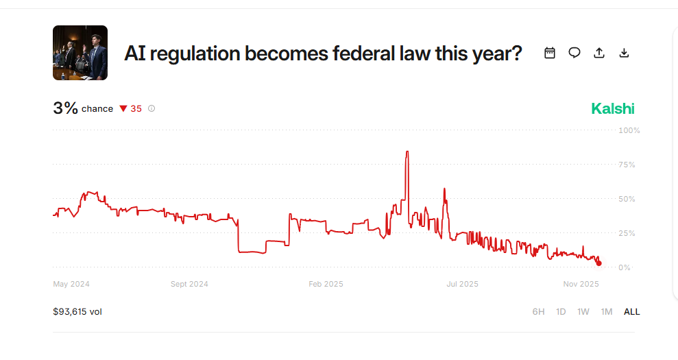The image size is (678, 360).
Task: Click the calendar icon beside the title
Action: pos(550,53)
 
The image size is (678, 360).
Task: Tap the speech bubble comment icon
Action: pos(574,53)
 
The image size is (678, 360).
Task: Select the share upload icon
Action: pos(599,53)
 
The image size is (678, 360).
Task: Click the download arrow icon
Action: pos(624,53)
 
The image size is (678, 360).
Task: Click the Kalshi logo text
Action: pos(613,108)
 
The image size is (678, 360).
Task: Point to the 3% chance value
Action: pos(66,108)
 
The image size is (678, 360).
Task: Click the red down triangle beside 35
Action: pos(123,108)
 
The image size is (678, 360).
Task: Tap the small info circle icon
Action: pos(152,108)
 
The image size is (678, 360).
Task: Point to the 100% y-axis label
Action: pos(629,130)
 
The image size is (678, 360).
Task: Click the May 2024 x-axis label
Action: pos(71,284)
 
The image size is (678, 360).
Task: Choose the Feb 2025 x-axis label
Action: pos(326,284)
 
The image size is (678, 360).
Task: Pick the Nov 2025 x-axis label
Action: pos(581,284)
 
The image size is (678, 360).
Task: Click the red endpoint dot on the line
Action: pos(599,263)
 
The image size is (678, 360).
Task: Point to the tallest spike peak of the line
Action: pos(407,152)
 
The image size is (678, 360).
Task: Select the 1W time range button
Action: pos(583,312)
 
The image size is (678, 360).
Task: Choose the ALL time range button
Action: pos(631,312)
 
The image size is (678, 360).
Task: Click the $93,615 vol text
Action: pos(77,312)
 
